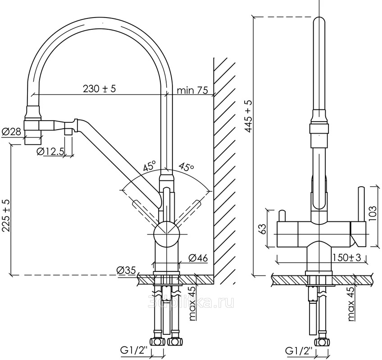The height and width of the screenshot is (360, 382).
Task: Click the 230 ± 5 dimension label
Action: (x=99, y=89)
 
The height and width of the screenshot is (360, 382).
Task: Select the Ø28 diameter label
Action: (x=12, y=132)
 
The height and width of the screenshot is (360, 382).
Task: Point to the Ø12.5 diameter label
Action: (x=50, y=151)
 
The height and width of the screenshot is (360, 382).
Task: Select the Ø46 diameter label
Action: (x=198, y=258)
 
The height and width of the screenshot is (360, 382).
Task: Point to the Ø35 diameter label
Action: (x=126, y=270)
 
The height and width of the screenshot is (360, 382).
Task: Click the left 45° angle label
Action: (x=150, y=166)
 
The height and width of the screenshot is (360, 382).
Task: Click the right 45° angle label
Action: (x=186, y=166)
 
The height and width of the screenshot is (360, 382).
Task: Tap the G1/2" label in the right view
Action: (x=299, y=349)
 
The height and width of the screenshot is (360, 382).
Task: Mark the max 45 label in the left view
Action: (x=193, y=305)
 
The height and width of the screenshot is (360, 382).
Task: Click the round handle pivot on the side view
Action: (x=167, y=234)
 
